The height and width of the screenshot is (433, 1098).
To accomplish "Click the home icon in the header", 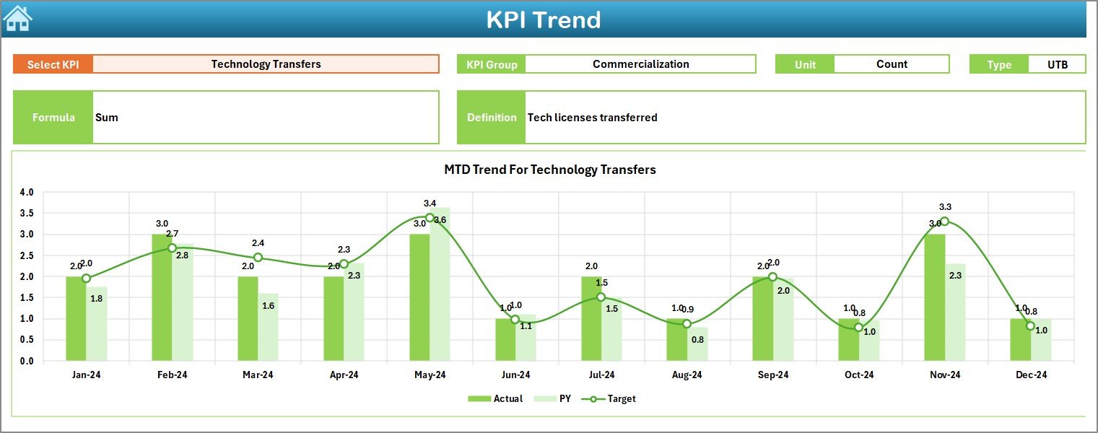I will click(17, 18).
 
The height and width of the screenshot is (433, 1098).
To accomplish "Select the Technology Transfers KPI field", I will click(266, 64).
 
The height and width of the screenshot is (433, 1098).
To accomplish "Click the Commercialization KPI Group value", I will click(640, 64).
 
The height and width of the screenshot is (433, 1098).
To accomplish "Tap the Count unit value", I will click(892, 64).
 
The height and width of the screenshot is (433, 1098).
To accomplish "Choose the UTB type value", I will click(1057, 64).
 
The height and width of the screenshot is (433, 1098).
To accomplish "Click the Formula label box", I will click(53, 118).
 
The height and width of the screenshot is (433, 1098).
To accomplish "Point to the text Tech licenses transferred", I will click(592, 118).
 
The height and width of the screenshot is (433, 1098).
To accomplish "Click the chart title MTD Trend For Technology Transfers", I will click(549, 170).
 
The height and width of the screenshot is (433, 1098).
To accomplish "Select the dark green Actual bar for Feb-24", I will click(162, 297).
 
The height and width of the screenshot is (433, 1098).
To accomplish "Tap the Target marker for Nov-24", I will click(944, 222).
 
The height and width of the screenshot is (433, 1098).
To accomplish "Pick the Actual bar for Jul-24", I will click(591, 318).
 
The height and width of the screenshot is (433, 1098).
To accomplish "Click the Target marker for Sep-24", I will click(772, 276).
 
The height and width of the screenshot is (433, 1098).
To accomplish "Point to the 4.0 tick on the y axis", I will click(27, 193).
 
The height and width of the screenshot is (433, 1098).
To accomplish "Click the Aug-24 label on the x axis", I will click(687, 375).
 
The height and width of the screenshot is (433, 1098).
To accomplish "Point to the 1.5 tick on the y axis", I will click(27, 298).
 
